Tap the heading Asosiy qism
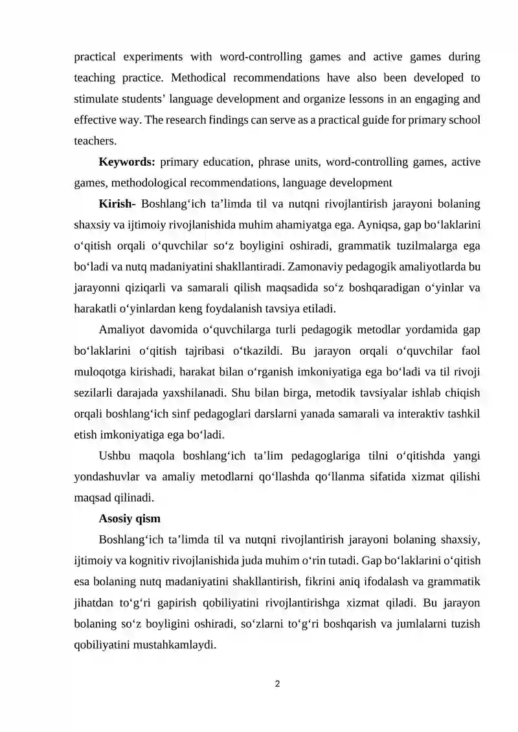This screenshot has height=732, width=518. (x=129, y=518)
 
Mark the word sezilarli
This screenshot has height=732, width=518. (x=96, y=392)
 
